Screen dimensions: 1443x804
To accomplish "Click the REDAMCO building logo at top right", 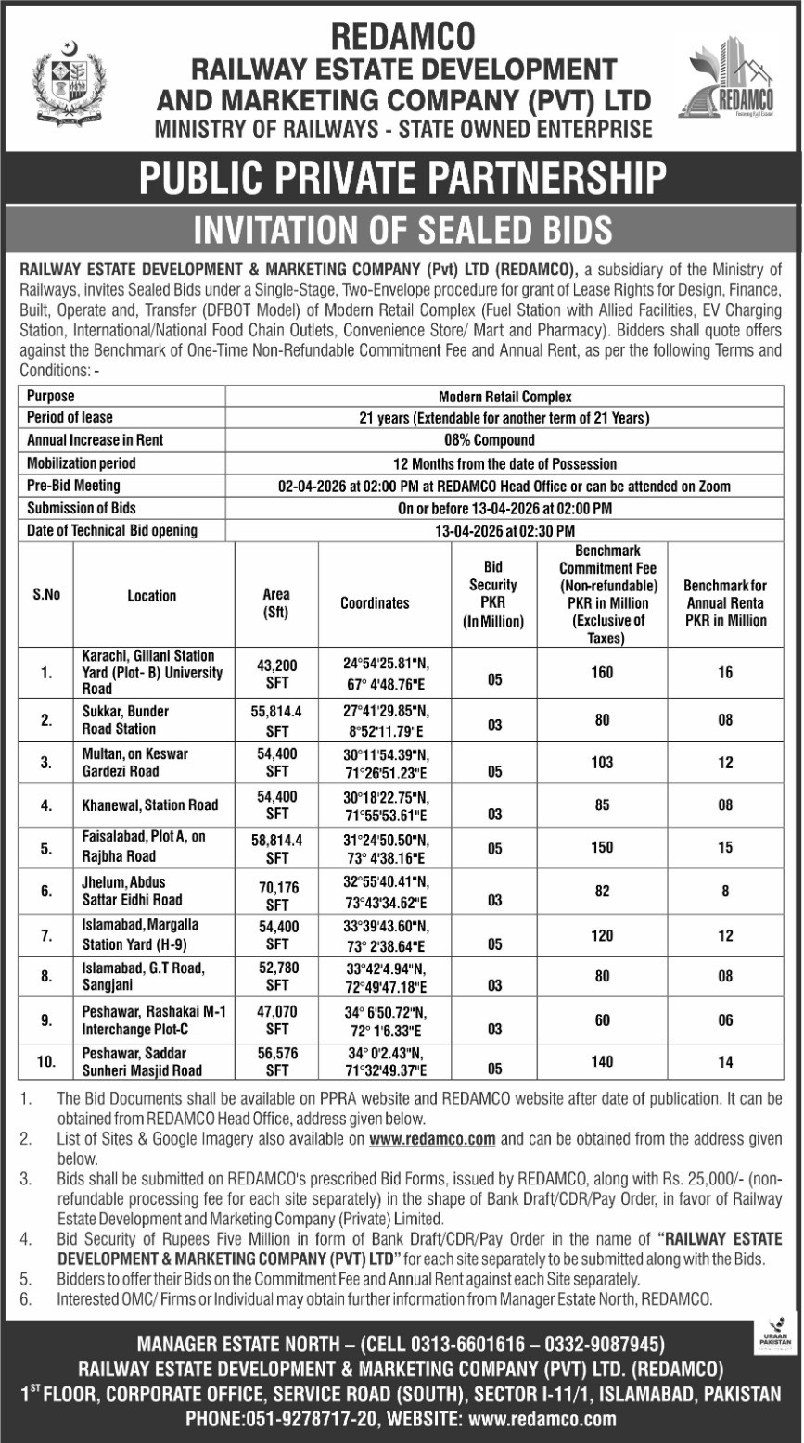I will point(732,84).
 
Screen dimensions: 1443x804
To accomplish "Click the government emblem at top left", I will point(70,84).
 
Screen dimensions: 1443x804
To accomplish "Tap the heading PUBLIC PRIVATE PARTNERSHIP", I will point(402,177).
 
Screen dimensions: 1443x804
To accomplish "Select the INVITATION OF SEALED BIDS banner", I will point(402,227).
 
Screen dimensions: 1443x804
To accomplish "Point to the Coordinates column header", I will point(375,602).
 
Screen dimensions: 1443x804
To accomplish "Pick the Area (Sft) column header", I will point(276,602).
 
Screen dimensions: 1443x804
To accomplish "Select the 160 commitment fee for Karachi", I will point(602,672).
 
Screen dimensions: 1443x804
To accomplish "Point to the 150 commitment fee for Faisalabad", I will point(602,847).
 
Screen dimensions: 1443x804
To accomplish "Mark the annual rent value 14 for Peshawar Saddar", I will point(725,1062).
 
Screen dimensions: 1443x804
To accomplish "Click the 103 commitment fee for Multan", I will point(602,762).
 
